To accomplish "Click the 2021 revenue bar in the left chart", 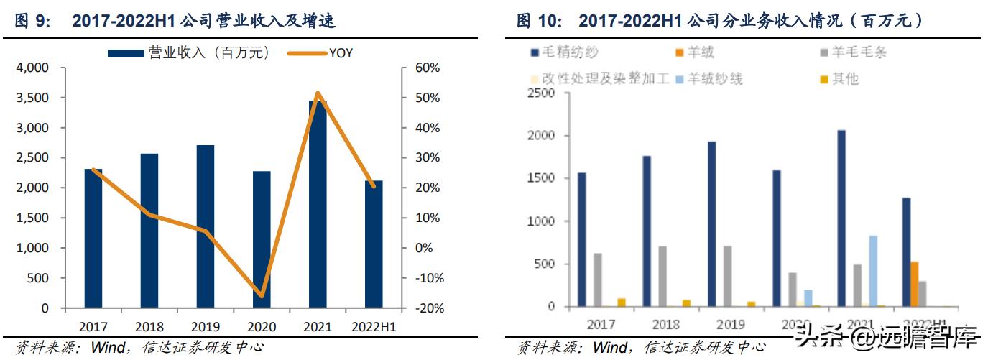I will point(318,205).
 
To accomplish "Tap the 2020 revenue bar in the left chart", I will point(262,239).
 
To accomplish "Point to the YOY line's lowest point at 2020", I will point(262,295).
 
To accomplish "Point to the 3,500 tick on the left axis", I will point(32,98).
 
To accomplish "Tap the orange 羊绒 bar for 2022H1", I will point(915,284).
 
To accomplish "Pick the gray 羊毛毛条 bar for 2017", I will point(598,280).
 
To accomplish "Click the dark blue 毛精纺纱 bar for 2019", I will point(711,223).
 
